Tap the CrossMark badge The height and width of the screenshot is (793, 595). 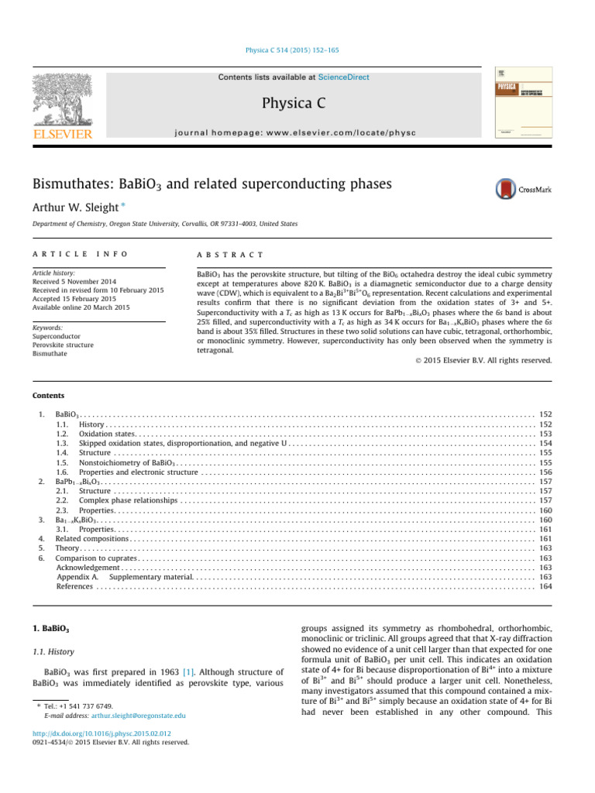523,189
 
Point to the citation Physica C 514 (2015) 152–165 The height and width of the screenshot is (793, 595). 297,50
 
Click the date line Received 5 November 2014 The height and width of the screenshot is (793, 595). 79,281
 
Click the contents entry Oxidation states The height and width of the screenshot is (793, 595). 107,434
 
